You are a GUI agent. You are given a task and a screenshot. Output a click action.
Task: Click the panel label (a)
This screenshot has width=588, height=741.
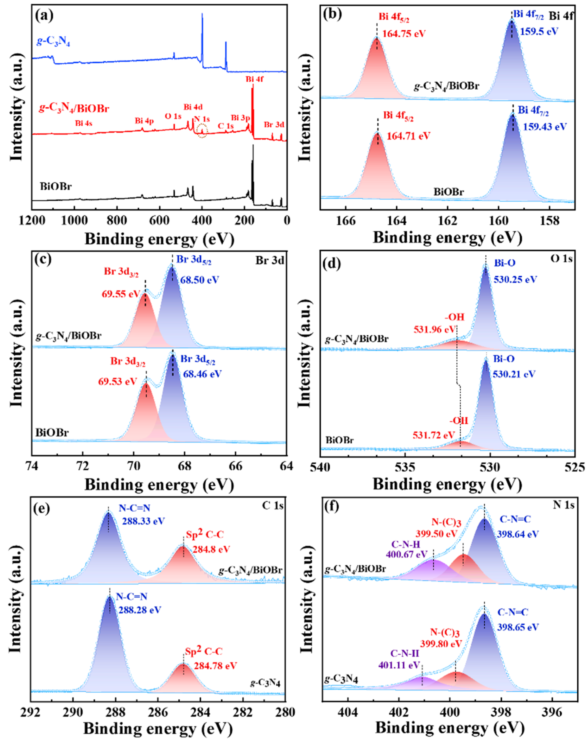click(x=44, y=16)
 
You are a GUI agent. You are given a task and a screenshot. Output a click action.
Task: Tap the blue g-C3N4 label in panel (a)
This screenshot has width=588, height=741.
click(x=53, y=42)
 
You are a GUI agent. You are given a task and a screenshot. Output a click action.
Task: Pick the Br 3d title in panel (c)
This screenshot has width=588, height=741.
click(x=269, y=261)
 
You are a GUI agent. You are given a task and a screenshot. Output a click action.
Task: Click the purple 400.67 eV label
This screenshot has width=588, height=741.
click(x=407, y=554)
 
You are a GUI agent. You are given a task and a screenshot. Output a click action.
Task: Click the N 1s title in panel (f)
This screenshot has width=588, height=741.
click(x=563, y=505)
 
